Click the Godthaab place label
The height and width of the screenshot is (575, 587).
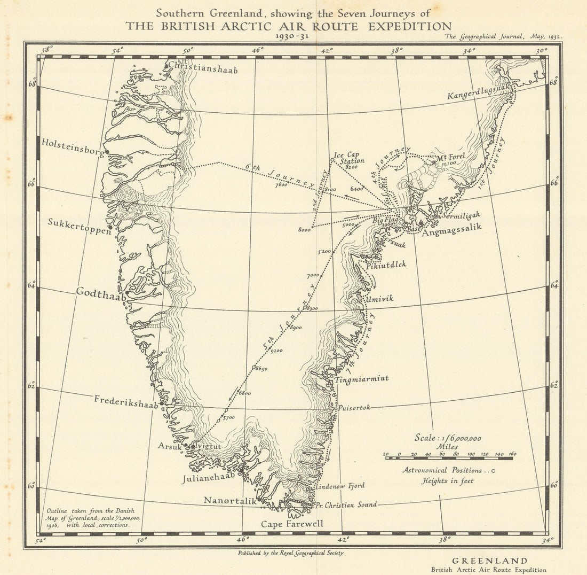point(101,292)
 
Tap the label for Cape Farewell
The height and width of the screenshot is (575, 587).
point(292,524)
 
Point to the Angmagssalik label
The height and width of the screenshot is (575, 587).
point(451,227)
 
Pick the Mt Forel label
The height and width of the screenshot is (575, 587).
point(451,157)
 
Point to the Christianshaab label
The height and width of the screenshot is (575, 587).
point(203,68)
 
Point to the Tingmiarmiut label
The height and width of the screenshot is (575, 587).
point(362,379)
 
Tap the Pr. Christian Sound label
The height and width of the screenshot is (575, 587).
point(346,504)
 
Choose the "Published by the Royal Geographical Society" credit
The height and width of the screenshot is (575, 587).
point(291,553)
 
